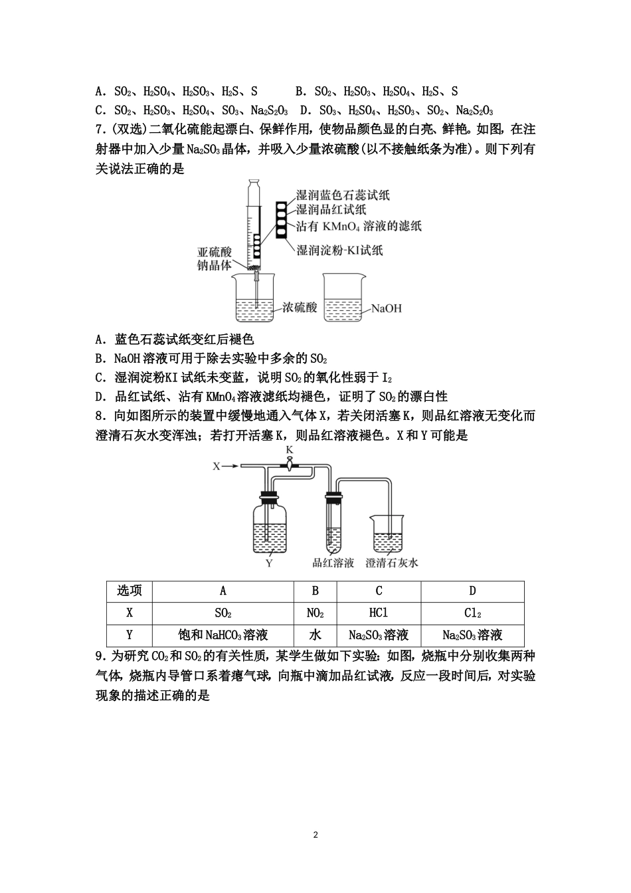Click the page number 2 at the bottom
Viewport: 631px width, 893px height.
click(315, 835)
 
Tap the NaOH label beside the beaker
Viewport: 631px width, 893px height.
click(386, 308)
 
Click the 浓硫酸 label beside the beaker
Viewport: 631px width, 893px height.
click(300, 308)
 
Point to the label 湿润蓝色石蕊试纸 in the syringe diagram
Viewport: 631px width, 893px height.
click(343, 195)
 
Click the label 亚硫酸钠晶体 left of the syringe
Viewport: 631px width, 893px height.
click(215, 258)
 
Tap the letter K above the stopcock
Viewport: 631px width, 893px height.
click(290, 450)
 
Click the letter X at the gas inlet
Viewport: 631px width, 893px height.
click(216, 466)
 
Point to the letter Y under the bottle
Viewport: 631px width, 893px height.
click(269, 563)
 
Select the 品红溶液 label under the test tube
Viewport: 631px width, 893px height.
click(333, 563)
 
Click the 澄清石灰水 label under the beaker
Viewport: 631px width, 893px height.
click(392, 563)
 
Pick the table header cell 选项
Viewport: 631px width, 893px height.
click(130, 591)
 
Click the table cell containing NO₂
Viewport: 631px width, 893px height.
click(315, 613)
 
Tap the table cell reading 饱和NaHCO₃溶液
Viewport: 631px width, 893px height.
click(223, 635)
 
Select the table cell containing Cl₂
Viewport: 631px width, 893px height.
click(472, 613)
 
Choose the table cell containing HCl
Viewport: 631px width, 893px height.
click(379, 613)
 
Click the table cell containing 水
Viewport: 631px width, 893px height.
click(315, 635)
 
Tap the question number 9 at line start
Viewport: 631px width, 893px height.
click(100, 656)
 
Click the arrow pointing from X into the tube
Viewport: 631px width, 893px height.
click(230, 466)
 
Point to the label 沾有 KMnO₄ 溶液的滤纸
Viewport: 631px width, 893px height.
click(359, 227)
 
